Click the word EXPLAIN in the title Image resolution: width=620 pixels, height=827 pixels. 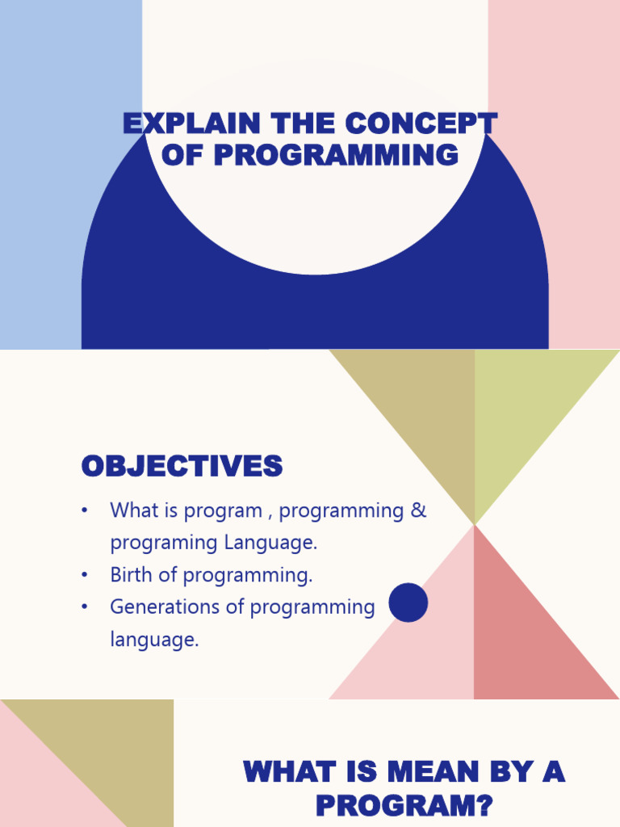click(192, 124)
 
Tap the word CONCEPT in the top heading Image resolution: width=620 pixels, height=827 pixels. click(421, 124)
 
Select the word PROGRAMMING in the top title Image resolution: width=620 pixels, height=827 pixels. click(337, 154)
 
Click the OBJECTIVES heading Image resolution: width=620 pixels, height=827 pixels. click(182, 466)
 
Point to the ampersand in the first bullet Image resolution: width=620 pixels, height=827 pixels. click(418, 510)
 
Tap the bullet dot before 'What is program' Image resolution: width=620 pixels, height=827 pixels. click(84, 510)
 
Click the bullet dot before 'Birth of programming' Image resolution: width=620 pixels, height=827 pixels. click(84, 574)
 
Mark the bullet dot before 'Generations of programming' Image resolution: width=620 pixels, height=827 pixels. click(84, 607)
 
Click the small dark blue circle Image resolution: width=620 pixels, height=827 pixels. click(408, 602)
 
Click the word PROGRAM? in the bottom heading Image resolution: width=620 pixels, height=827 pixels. click(404, 805)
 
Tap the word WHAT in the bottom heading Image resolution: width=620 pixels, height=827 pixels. click(290, 771)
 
